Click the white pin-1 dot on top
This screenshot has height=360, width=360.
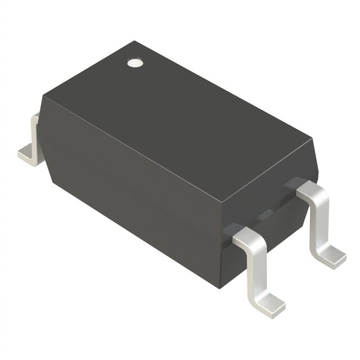point(134,63)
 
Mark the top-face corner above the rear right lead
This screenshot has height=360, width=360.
point(311,137)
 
